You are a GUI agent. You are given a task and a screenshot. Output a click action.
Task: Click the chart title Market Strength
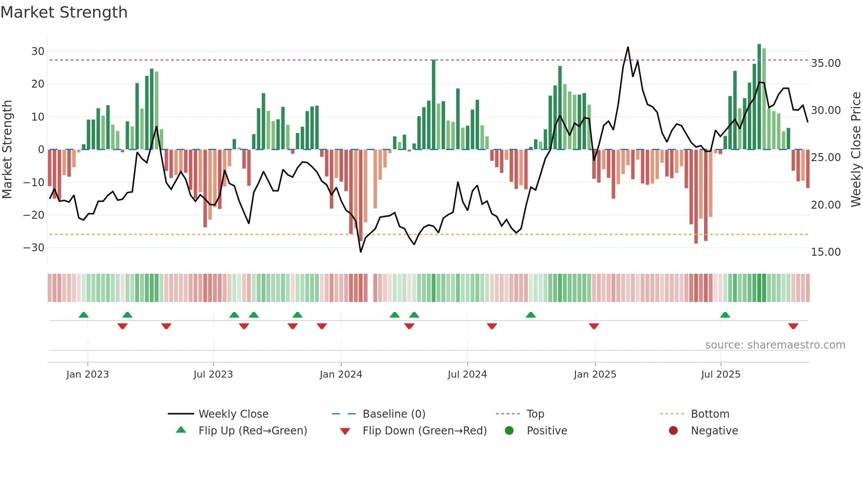(x=64, y=12)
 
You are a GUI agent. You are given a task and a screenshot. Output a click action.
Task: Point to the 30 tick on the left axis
(x=38, y=51)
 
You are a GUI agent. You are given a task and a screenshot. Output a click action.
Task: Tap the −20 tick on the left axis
(x=34, y=215)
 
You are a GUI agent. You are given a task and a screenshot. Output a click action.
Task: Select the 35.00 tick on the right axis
(x=826, y=63)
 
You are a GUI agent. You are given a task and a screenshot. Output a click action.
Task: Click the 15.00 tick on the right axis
(x=826, y=252)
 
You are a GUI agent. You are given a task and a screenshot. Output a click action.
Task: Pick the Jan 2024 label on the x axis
(x=341, y=375)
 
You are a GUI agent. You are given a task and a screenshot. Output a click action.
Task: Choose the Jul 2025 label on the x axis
(x=720, y=375)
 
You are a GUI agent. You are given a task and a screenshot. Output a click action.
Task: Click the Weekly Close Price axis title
(x=856, y=150)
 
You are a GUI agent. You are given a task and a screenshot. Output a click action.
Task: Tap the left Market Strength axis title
(x=7, y=150)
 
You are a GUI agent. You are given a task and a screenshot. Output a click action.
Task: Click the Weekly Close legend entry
(x=233, y=414)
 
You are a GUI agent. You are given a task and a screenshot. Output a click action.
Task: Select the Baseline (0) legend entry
(x=394, y=414)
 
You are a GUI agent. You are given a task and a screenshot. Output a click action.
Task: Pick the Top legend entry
(x=535, y=414)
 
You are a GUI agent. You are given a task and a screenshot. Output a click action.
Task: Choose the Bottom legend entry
(x=710, y=414)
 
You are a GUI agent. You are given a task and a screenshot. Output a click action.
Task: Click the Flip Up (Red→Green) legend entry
(x=252, y=431)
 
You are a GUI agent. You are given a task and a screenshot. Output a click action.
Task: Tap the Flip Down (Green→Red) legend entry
(x=424, y=431)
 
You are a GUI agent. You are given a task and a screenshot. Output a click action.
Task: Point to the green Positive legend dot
(x=509, y=431)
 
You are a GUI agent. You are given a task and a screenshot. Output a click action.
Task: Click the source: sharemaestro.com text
(x=775, y=345)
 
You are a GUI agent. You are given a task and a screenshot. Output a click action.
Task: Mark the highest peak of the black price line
(x=628, y=47)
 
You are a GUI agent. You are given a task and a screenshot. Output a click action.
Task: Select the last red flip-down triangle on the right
(x=793, y=326)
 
